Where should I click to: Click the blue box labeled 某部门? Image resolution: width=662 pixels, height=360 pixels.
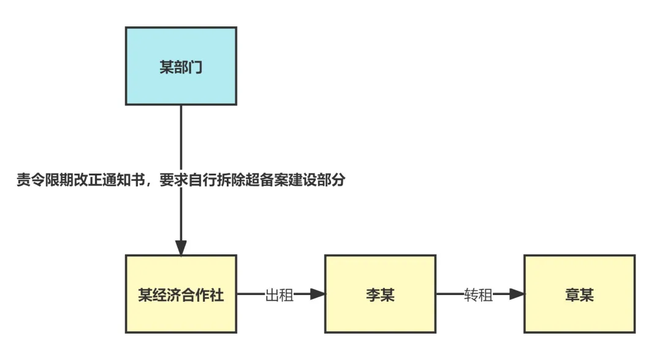(181, 66)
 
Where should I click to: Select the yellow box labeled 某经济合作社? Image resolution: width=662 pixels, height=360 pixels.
(181, 294)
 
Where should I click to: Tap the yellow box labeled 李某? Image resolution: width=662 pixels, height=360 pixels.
(379, 294)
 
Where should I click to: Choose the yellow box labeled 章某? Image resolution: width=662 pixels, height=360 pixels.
(579, 294)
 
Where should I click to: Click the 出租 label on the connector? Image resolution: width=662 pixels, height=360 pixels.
(280, 295)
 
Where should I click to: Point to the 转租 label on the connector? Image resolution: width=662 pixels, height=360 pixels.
(478, 295)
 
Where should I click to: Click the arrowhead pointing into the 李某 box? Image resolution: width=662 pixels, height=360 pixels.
(318, 294)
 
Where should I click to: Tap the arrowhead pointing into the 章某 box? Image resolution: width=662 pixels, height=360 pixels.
(517, 294)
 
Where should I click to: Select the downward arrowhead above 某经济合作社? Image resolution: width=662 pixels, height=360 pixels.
(181, 247)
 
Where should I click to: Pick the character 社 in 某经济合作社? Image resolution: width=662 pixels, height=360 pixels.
(217, 296)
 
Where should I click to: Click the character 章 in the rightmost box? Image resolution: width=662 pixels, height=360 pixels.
(571, 296)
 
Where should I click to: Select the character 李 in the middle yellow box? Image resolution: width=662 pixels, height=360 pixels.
(372, 296)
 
